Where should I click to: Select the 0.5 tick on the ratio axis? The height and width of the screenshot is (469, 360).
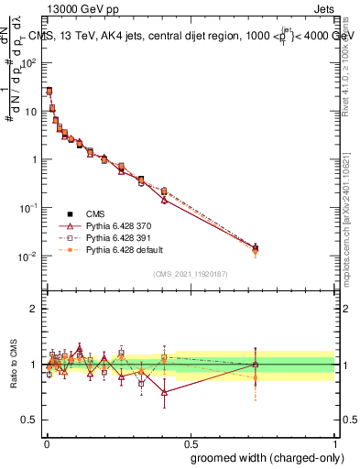pyautogui.click(x=30, y=420)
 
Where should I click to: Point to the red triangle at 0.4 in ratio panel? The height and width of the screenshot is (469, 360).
pyautogui.click(x=164, y=392)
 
